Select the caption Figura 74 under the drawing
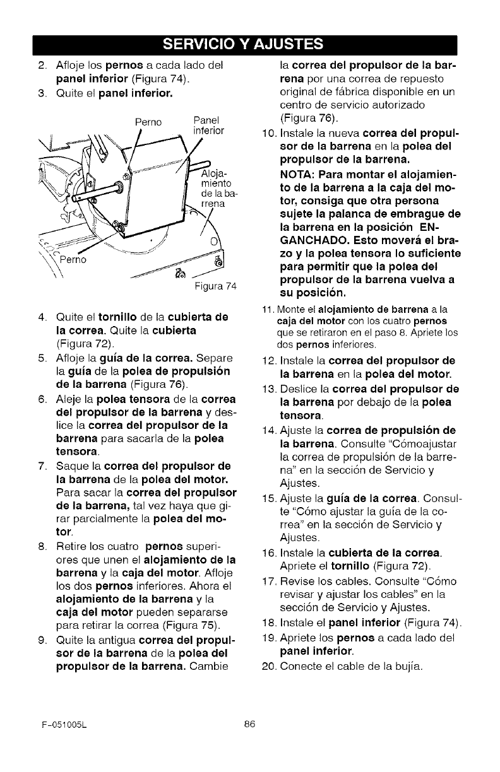217,286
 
